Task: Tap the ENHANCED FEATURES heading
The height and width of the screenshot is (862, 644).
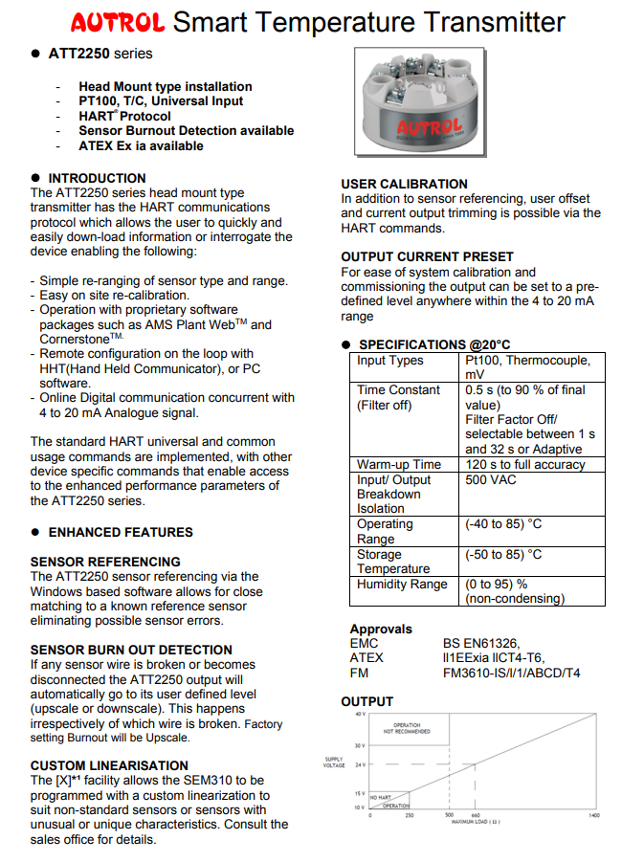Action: tap(121, 532)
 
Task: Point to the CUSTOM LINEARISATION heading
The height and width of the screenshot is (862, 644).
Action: tap(109, 765)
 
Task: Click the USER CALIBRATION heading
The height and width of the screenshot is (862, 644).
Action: tap(405, 184)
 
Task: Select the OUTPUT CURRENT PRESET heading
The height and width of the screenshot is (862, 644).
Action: tap(427, 256)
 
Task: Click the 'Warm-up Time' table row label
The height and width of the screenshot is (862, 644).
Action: tap(399, 464)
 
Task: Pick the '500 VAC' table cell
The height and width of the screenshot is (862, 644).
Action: tap(491, 479)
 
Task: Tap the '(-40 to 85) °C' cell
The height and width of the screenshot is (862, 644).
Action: tap(503, 524)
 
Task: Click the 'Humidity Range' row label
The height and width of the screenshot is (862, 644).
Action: tap(402, 584)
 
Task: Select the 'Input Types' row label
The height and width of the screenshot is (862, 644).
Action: tap(389, 361)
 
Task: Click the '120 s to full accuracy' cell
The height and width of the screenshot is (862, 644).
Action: tap(524, 464)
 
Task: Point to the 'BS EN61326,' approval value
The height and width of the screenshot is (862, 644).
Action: tap(481, 644)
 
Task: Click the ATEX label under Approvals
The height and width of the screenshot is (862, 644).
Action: tap(366, 658)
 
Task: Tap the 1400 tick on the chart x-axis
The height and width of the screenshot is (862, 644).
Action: tap(593, 815)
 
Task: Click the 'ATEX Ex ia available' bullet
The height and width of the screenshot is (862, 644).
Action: tap(141, 145)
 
